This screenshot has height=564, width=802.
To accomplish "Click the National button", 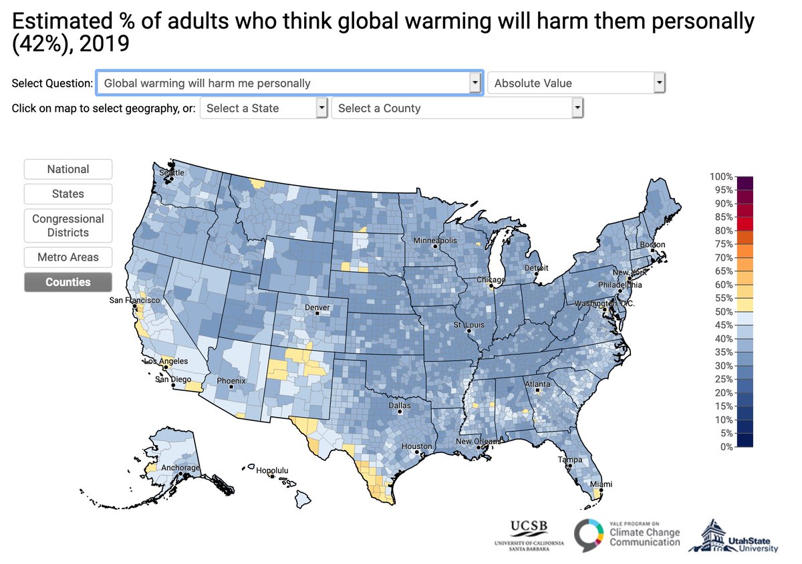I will (x=68, y=169).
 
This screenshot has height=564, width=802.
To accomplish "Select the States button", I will (x=68, y=194).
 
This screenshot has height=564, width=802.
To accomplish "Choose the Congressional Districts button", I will (x=68, y=226).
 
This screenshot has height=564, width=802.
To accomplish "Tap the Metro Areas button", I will (x=68, y=257).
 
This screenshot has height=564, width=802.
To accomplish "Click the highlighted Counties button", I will (x=68, y=282).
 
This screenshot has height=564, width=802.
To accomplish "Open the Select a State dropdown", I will (x=264, y=108).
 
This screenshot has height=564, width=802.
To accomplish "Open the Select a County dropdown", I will (x=457, y=108).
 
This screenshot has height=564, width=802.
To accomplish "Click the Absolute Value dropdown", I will (x=577, y=84).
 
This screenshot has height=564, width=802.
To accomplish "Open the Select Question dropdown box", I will (x=289, y=84).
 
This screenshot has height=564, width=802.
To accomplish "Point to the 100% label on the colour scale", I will (x=722, y=176).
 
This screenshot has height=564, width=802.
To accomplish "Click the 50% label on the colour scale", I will (x=722, y=311).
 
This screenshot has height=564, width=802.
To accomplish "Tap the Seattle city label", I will (x=170, y=172).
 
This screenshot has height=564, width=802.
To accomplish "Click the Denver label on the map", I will (x=317, y=308).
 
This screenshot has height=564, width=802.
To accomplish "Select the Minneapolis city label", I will (x=435, y=241).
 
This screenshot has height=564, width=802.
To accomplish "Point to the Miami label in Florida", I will (x=601, y=484).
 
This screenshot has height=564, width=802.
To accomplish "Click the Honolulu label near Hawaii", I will (x=275, y=470).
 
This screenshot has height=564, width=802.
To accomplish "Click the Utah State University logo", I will (x=733, y=536).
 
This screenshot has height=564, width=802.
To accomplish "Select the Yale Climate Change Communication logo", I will (x=628, y=534).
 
